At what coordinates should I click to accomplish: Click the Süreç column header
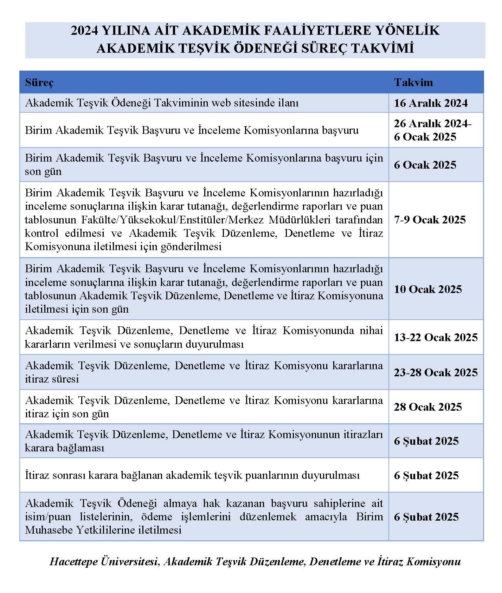tap(39, 83)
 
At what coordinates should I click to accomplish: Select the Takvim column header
tap(413, 83)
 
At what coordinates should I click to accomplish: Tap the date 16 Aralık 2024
tap(431, 103)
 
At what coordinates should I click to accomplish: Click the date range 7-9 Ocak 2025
tap(430, 220)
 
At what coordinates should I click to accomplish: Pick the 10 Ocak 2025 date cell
tap(428, 289)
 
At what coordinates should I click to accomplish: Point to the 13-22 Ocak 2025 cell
tap(436, 337)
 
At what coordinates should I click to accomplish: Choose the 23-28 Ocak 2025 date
tap(436, 372)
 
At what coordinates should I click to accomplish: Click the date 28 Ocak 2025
tap(428, 407)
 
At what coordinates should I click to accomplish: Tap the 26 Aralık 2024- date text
tap(432, 123)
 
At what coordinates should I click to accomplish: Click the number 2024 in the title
tap(84, 31)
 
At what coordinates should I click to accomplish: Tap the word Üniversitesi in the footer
tap(130, 561)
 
